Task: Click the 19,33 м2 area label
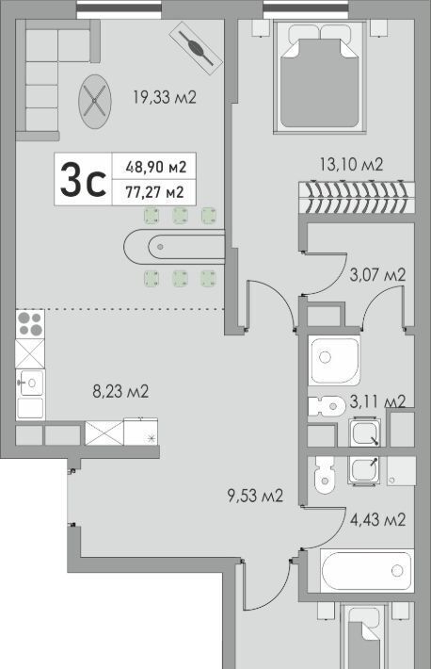pos(164,98)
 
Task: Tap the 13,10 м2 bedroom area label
pos(352,164)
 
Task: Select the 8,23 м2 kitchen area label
pos(120,391)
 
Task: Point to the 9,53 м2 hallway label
pos(255,496)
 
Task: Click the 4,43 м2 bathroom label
pos(377,520)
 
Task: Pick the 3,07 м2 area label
pos(377,275)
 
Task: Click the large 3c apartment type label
pos(83,180)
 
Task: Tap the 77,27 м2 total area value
pos(154,192)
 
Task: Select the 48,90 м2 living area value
pos(156,167)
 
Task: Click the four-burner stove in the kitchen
pos(30,323)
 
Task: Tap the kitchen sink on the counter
pos(30,383)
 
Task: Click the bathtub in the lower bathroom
pos(367,570)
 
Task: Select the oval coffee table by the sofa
pos(95,101)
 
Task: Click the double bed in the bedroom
pos(320,77)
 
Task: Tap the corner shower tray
pos(335,361)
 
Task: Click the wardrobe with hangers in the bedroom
pos(357,198)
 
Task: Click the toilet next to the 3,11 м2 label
pos(327,406)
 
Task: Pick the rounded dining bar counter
pos(174,247)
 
